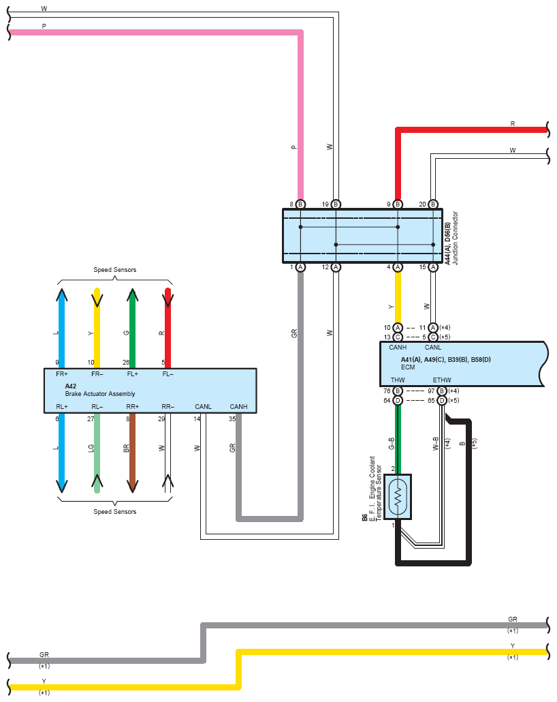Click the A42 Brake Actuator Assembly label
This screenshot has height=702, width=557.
point(100,390)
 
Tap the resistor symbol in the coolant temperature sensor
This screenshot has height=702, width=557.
point(398,496)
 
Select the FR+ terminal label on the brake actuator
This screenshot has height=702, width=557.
point(62,374)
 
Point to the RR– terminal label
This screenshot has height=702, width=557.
point(168,406)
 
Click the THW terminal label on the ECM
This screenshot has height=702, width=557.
point(397,380)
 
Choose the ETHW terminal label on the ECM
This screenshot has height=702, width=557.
point(441,380)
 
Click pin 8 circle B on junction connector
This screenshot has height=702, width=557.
point(301,204)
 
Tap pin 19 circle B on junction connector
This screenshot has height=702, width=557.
point(336,204)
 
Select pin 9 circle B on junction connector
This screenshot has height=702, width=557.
point(398,204)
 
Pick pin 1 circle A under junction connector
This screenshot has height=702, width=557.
point(301,267)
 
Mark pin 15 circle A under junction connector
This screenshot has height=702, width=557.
point(433,267)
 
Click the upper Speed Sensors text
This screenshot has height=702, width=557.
point(114,269)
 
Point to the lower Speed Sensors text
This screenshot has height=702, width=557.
point(114,511)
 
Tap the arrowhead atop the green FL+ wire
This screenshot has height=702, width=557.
point(132,294)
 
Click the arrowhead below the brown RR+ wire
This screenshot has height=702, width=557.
point(132,486)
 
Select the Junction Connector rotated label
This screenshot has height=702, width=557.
point(455,238)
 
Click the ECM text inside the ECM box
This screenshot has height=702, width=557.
point(408,367)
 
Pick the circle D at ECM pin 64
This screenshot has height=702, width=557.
point(398,400)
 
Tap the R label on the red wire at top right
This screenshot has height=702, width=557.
point(513,123)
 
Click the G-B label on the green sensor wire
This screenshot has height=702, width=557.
point(392,443)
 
